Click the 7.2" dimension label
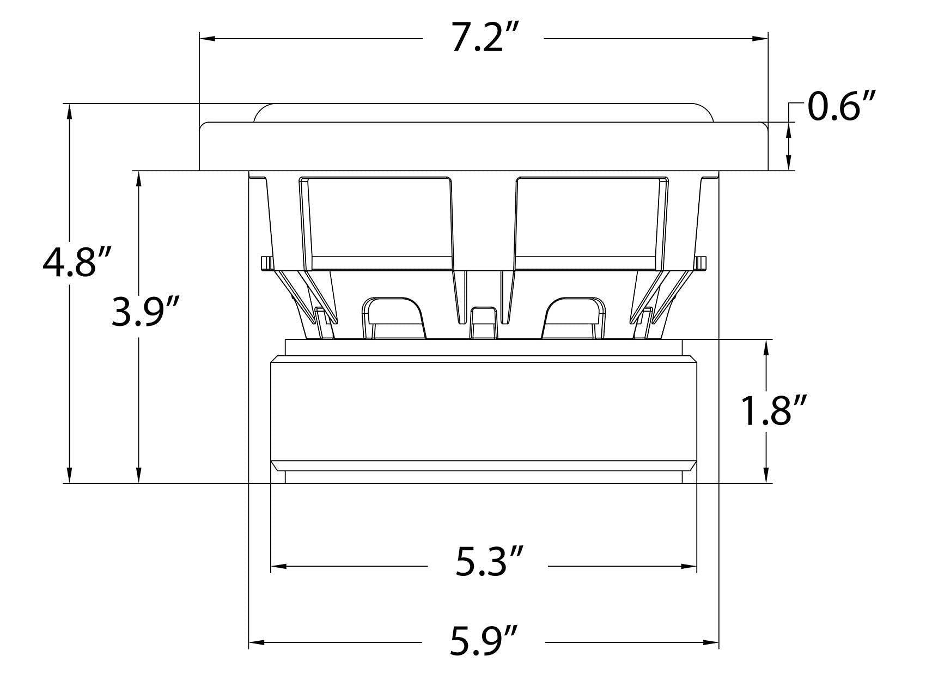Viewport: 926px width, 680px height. tap(484, 39)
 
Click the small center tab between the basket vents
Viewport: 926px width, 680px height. tap(483, 323)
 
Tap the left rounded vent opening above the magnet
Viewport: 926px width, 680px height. tap(393, 318)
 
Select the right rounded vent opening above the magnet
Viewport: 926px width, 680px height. tap(574, 318)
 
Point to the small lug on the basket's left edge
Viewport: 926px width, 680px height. tap(266, 263)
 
